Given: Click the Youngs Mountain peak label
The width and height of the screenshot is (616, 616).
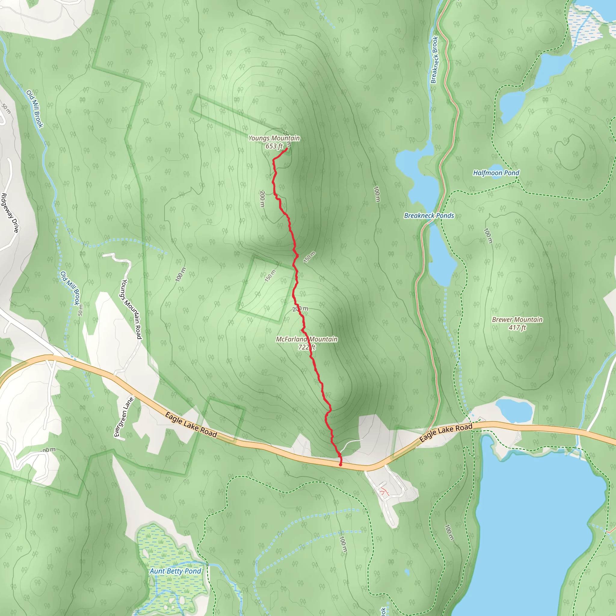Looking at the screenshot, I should (274, 138).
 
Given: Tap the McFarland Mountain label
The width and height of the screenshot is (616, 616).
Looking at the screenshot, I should (306, 339).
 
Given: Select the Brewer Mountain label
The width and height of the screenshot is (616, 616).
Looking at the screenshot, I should (517, 319).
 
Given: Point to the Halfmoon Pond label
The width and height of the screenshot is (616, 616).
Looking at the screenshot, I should (496, 173).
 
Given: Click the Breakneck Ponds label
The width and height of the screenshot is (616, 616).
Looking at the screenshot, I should (429, 216).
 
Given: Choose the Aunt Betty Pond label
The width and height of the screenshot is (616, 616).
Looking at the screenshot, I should (175, 571).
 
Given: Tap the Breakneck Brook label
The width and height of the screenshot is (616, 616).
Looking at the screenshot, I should (434, 60).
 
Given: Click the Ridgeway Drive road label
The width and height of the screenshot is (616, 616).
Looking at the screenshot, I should (10, 213).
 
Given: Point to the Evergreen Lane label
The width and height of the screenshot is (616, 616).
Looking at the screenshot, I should (124, 417).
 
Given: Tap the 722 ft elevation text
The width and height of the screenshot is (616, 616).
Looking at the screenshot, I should (307, 347).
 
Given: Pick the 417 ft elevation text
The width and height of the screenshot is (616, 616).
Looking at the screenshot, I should (517, 328).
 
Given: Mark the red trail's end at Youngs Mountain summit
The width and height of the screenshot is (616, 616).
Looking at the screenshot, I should (287, 149).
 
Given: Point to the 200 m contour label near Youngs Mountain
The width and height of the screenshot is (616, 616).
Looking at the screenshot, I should (262, 199).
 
